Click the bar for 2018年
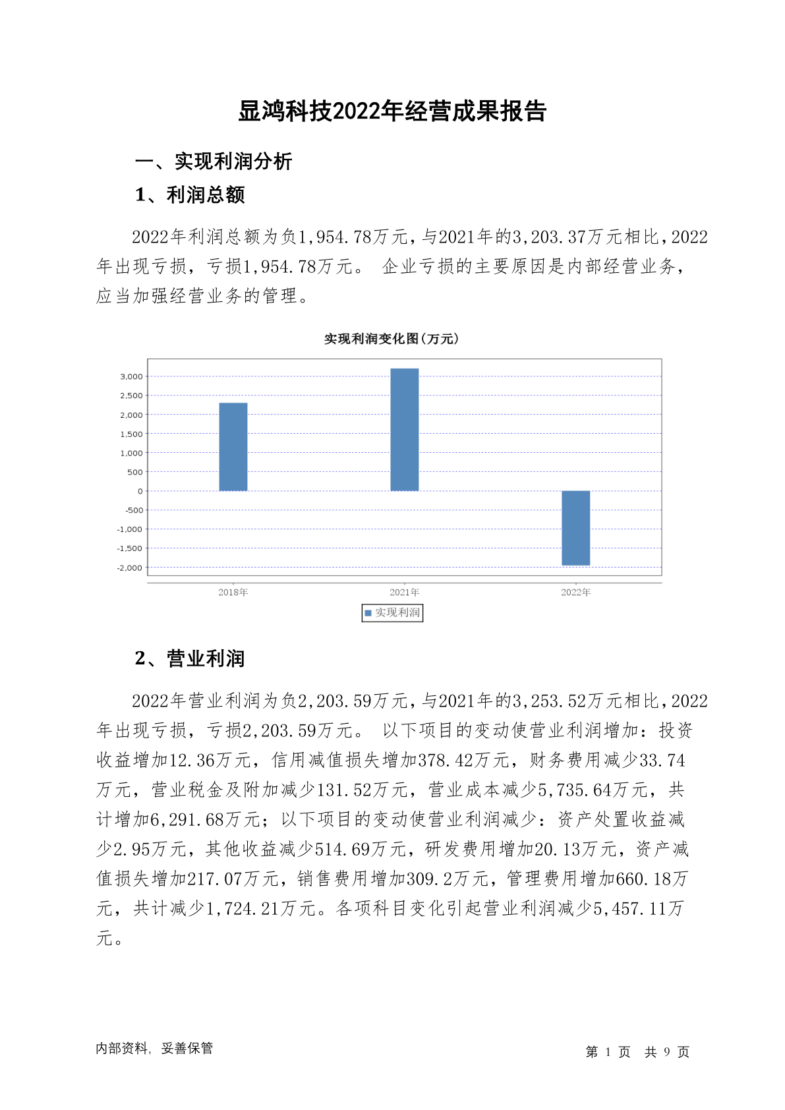click(233, 446)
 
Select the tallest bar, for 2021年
click(404, 429)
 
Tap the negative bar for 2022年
click(575, 527)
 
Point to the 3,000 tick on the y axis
click(131, 376)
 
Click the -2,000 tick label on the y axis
click(129, 568)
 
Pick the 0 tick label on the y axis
click(140, 491)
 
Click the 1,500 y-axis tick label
click(131, 434)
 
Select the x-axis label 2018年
click(233, 592)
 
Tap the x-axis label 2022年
click(575, 592)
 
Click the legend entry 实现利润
click(392, 613)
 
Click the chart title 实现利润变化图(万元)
click(391, 339)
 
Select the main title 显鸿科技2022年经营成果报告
click(392, 111)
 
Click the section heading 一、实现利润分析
click(214, 161)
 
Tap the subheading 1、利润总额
click(190, 195)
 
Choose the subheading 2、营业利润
click(190, 658)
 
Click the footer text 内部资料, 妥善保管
click(154, 1048)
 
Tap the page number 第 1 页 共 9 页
click(637, 1052)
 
